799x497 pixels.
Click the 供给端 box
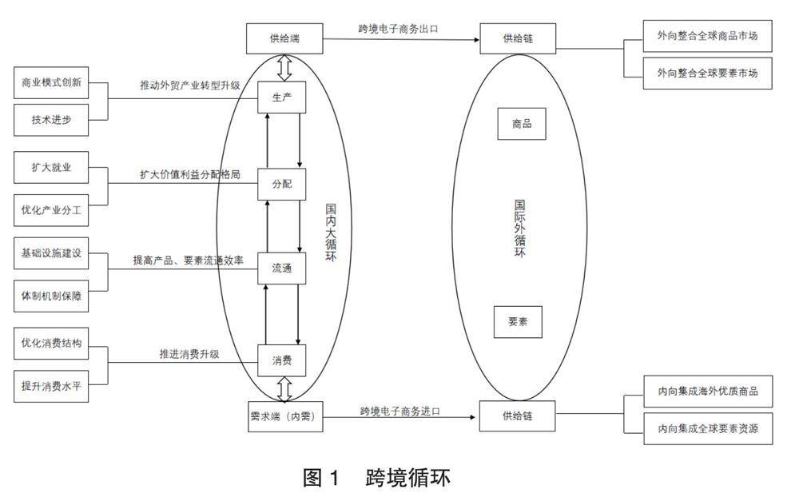(x=284, y=36)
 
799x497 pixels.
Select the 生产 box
(x=281, y=98)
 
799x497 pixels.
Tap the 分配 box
(x=281, y=183)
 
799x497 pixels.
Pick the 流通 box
(x=281, y=268)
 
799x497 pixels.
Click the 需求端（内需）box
(x=284, y=416)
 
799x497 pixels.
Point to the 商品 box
(x=522, y=124)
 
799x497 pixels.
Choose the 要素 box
(x=518, y=321)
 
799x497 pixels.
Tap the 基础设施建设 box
(x=51, y=253)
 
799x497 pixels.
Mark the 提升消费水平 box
(x=51, y=386)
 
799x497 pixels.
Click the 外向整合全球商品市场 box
(x=707, y=36)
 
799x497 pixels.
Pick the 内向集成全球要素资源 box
(x=707, y=429)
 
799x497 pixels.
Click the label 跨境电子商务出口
(x=398, y=29)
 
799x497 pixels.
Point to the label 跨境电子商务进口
(x=399, y=411)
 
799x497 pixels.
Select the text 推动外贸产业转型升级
(x=189, y=85)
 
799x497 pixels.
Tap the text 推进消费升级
(x=189, y=353)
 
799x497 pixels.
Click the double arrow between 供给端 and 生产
(x=284, y=68)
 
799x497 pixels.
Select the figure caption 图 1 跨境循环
(x=376, y=478)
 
